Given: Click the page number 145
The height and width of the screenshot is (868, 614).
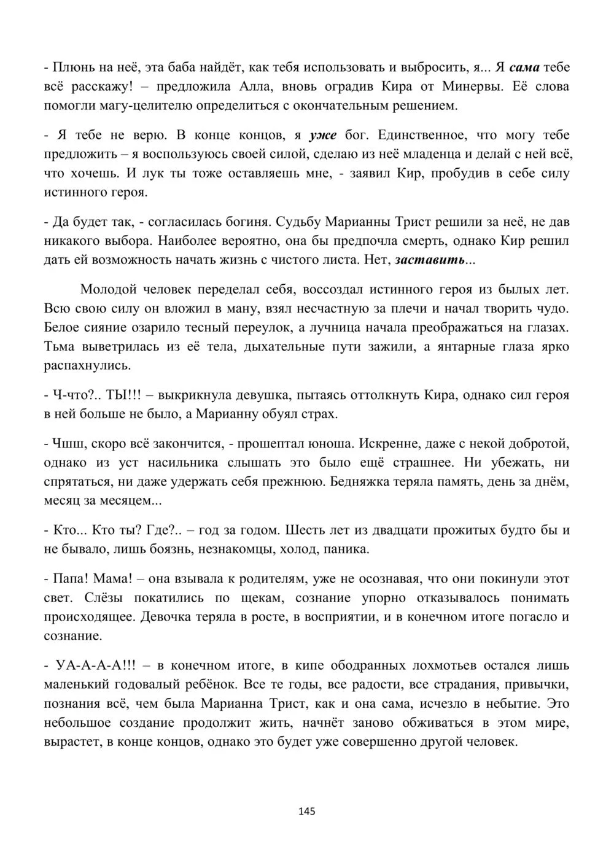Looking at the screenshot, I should tap(307, 812).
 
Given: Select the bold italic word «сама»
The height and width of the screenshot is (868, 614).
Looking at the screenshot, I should tap(524, 67).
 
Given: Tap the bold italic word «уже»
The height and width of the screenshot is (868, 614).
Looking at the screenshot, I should tap(324, 135).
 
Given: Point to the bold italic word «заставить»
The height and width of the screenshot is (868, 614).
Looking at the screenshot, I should tap(430, 260).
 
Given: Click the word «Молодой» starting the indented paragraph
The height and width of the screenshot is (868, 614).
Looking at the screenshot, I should tap(109, 289).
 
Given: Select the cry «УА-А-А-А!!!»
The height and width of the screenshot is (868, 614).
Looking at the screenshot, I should tap(96, 665).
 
